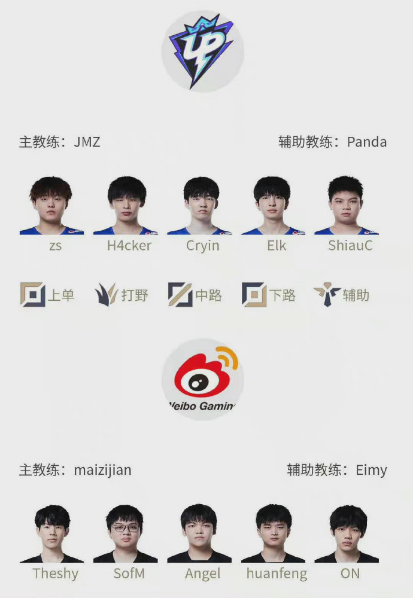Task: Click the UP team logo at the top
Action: pyautogui.click(x=202, y=51)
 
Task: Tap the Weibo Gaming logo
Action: pyautogui.click(x=203, y=380)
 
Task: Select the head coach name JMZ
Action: pyautogui.click(x=87, y=142)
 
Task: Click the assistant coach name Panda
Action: pyautogui.click(x=367, y=142)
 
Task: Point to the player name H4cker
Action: pyautogui.click(x=129, y=245)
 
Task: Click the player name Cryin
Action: pyautogui.click(x=203, y=246)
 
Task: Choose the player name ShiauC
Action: pyautogui.click(x=350, y=245)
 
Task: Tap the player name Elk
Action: pyautogui.click(x=277, y=245)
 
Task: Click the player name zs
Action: pyautogui.click(x=55, y=246)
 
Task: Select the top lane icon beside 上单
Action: pyautogui.click(x=32, y=294)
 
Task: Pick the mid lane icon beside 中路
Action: pyautogui.click(x=180, y=294)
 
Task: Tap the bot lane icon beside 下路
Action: pyautogui.click(x=254, y=294)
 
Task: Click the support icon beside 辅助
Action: pyautogui.click(x=327, y=294)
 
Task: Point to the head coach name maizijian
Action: pyautogui.click(x=103, y=470)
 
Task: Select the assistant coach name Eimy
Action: pyautogui.click(x=371, y=470)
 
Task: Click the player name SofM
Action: pyautogui.click(x=129, y=573)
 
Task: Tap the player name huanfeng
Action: pyautogui.click(x=277, y=574)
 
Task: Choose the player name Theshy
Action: pyautogui.click(x=55, y=574)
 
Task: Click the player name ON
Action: pyautogui.click(x=350, y=573)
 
